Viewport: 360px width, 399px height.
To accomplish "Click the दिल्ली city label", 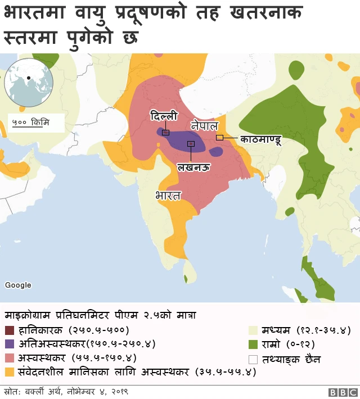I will [163, 116].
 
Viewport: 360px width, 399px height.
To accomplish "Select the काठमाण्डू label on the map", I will [260, 138].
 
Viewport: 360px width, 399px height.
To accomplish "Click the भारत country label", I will [168, 196].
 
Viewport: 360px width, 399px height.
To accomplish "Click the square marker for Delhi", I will [165, 133].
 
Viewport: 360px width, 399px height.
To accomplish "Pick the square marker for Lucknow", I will [191, 144].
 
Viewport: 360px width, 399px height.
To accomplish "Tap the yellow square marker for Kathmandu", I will [220, 137].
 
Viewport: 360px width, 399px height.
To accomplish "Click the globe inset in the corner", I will [28, 83].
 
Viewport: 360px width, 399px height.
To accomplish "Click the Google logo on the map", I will [18, 285].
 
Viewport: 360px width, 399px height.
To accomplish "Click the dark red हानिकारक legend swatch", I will [9, 330].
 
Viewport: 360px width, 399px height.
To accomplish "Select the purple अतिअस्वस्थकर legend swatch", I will [9, 343].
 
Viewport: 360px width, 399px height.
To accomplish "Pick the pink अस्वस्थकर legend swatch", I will [9, 357].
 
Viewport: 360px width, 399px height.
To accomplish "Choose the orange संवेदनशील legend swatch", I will [9, 371].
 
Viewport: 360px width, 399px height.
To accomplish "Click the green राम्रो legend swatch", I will [253, 343].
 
